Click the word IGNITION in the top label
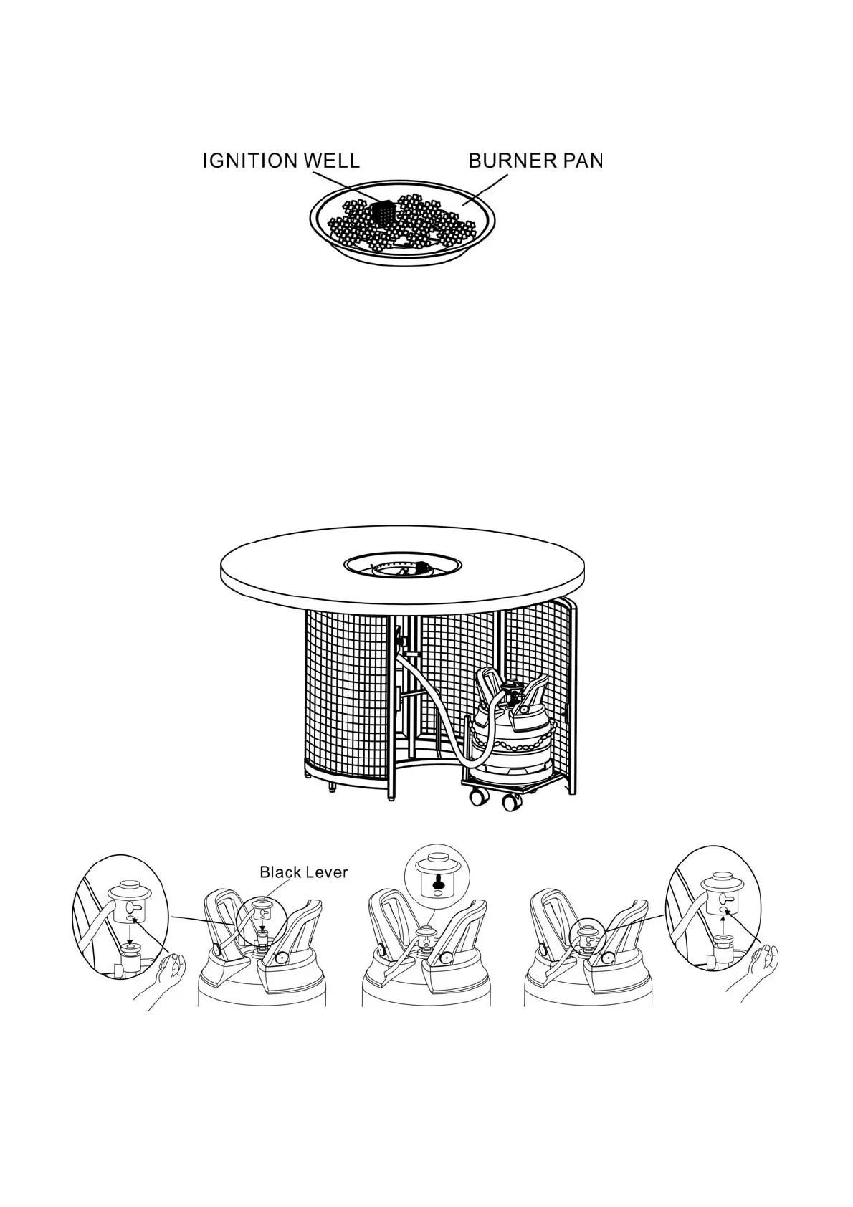[x=250, y=161]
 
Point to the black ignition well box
[x=383, y=212]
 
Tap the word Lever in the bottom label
[x=325, y=872]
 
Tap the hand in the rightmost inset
[x=752, y=975]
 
